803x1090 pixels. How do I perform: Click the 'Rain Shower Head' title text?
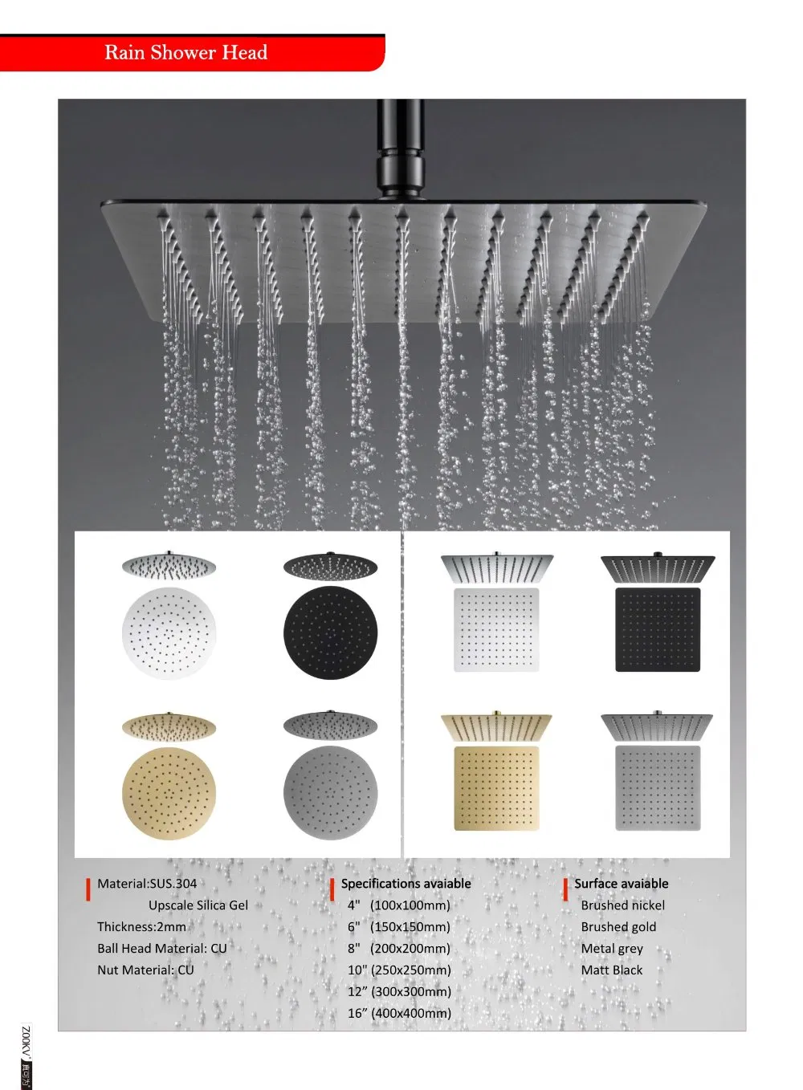[x=185, y=53]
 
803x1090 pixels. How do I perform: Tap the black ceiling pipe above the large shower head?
[x=400, y=148]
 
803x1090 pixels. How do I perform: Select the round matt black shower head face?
[x=330, y=632]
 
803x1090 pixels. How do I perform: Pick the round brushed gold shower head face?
[x=169, y=792]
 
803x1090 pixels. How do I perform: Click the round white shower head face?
[x=169, y=632]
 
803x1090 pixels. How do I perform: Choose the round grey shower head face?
[x=330, y=792]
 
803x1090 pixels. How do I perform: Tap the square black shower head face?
[x=658, y=629]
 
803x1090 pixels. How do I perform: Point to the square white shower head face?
[x=496, y=629]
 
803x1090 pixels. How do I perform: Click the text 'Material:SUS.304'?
[x=147, y=884]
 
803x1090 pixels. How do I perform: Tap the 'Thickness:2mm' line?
[x=141, y=927]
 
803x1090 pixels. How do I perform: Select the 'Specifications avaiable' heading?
[x=406, y=884]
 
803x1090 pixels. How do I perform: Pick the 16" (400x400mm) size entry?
[x=399, y=1014]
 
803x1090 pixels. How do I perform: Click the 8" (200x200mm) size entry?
[x=399, y=949]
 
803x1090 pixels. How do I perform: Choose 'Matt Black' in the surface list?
[x=612, y=970]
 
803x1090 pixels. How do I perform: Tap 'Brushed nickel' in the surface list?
[x=623, y=905]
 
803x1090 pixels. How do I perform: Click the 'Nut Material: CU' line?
[x=145, y=970]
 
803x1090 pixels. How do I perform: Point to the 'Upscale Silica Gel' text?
[x=198, y=905]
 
